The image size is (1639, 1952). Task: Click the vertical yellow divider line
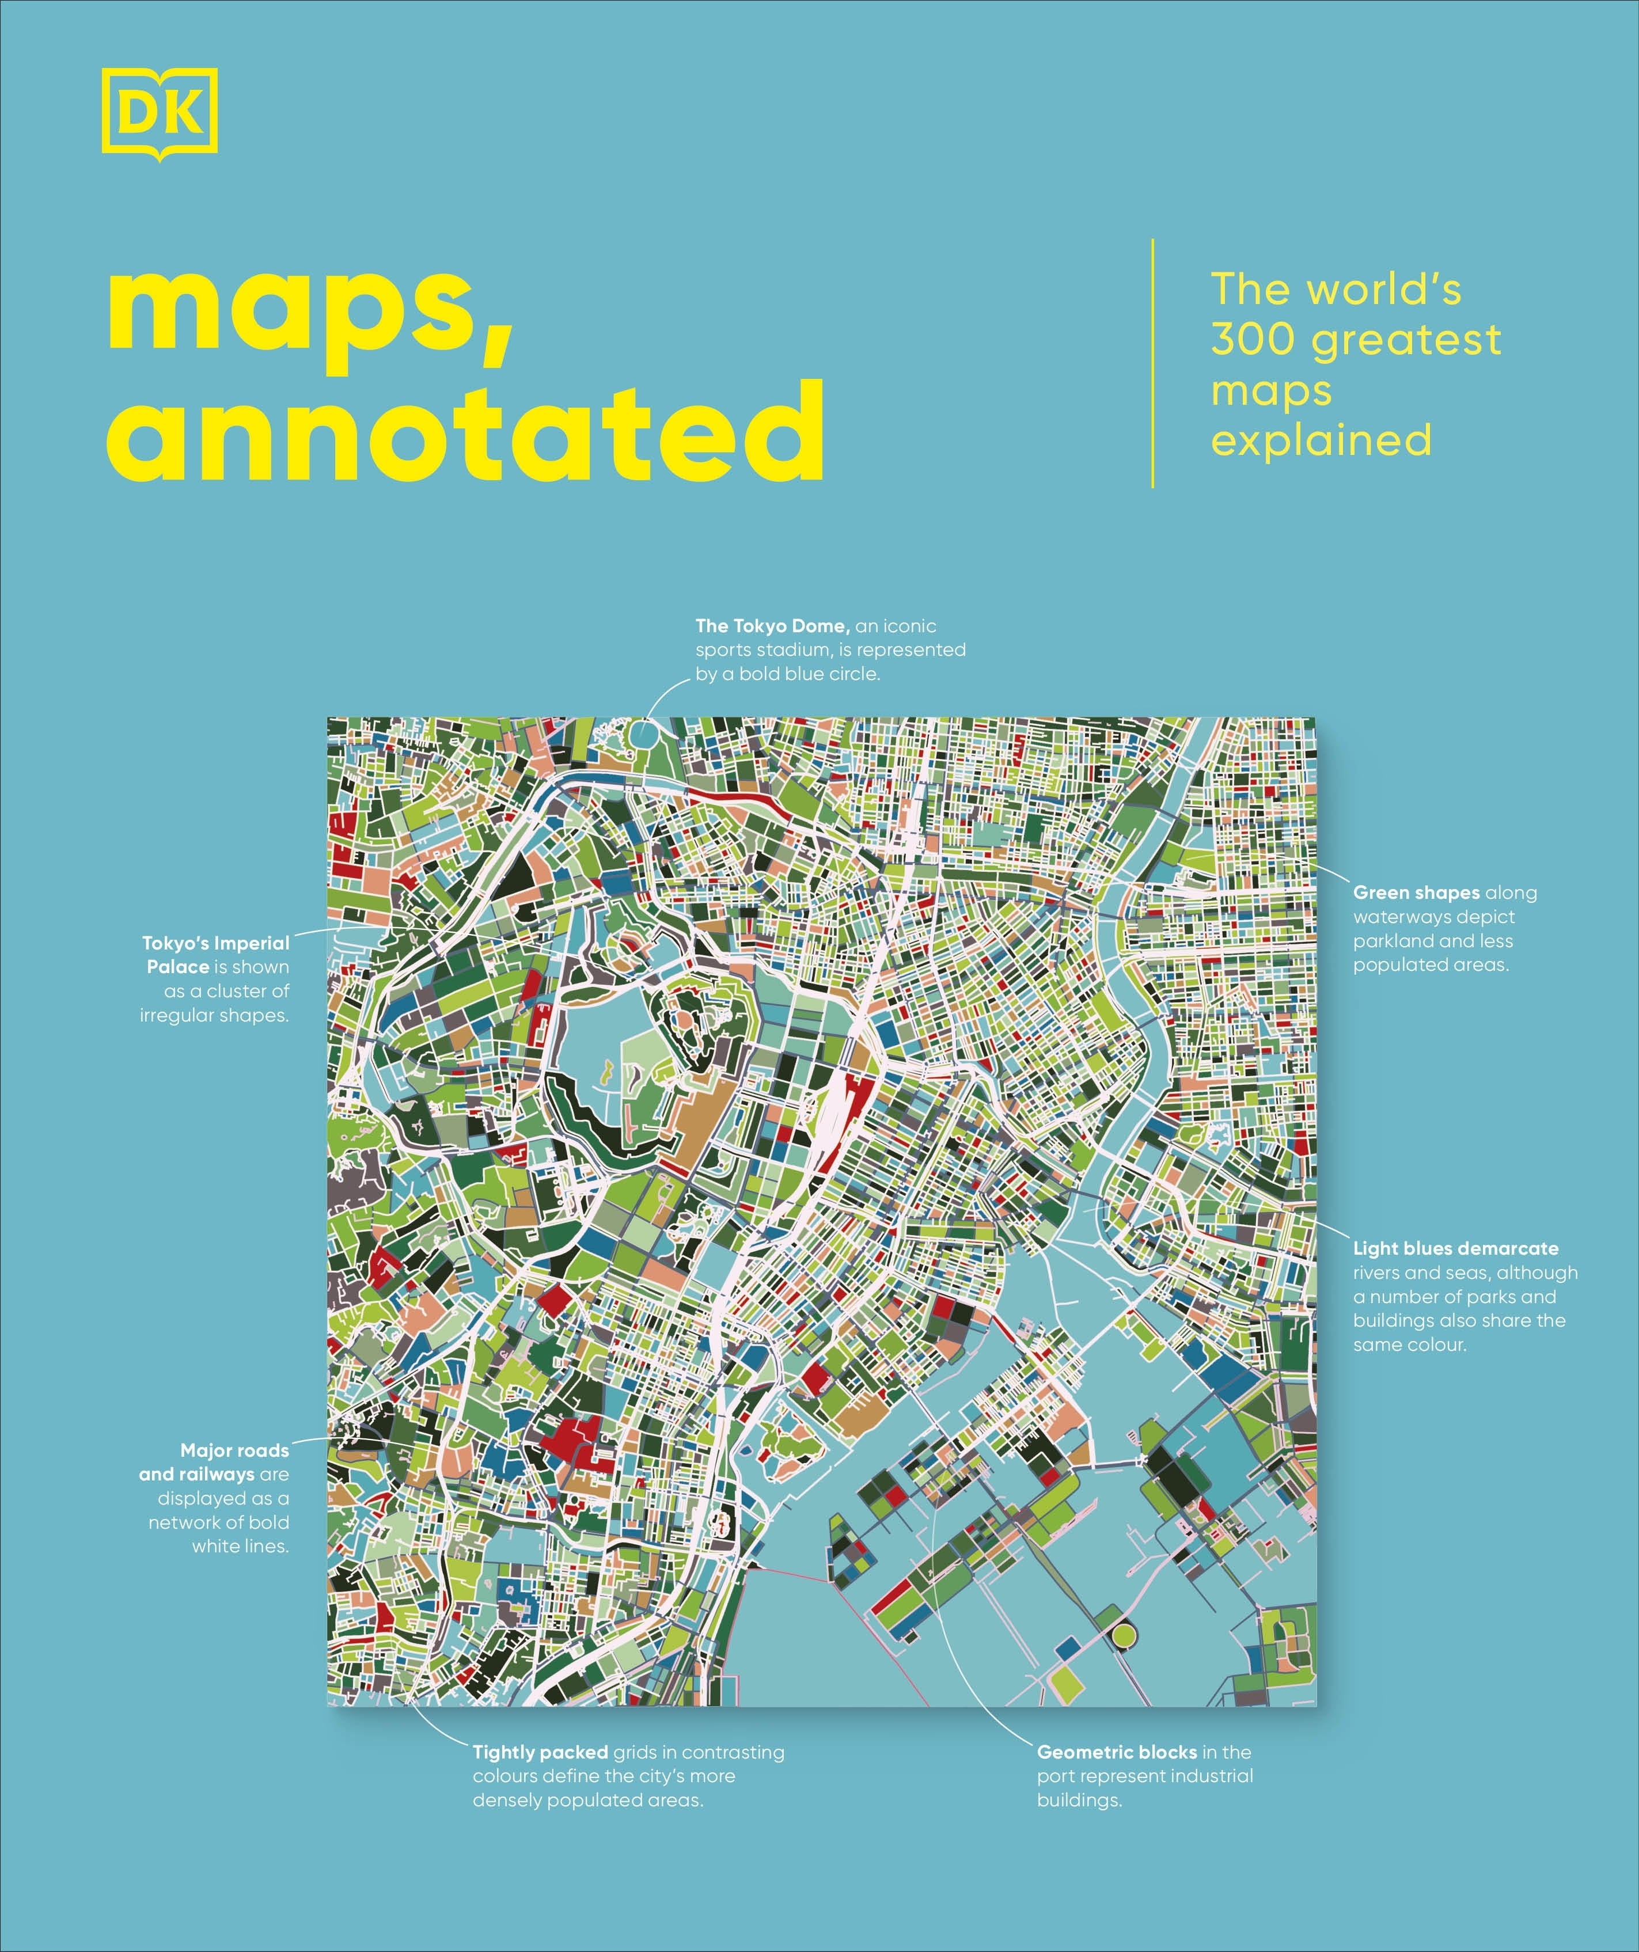[1153, 363]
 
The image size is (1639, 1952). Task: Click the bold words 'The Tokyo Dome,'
[772, 626]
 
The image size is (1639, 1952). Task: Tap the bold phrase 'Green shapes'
[1416, 893]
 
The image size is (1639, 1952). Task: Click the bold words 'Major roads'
[234, 1450]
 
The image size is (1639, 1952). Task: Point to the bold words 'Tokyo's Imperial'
[216, 943]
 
